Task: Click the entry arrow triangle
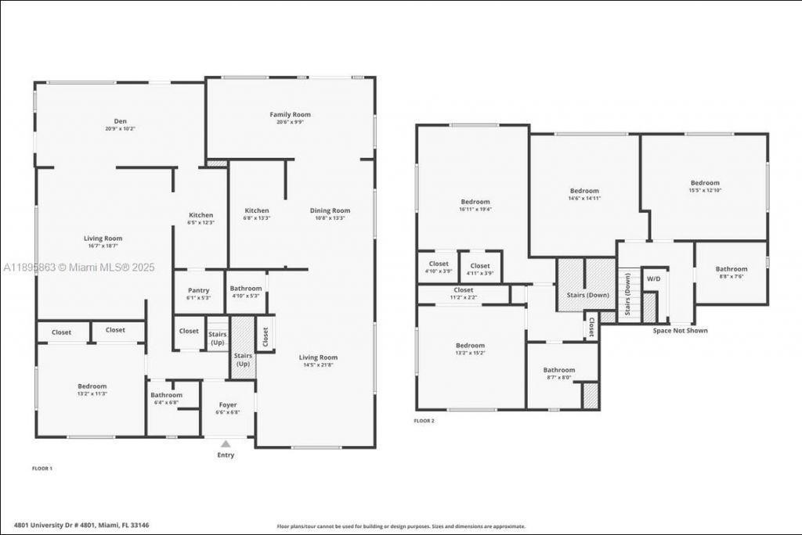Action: click(x=226, y=443)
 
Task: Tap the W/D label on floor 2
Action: click(x=653, y=278)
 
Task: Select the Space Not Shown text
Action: click(x=680, y=331)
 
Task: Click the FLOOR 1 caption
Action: click(x=42, y=468)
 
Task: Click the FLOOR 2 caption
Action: click(x=424, y=421)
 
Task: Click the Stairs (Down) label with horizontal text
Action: click(x=587, y=295)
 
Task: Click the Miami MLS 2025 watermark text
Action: click(x=78, y=267)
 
